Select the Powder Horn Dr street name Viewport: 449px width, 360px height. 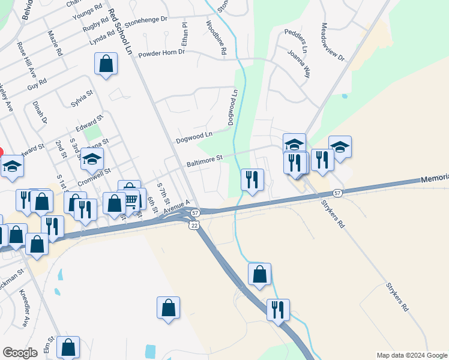click(161, 53)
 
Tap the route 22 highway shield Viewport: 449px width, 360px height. click(193, 224)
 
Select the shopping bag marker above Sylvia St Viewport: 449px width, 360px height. click(106, 64)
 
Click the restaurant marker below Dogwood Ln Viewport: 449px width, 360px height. click(252, 179)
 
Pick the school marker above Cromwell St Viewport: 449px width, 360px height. click(92, 159)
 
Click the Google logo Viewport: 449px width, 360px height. click(20, 353)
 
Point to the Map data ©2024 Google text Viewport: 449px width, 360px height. click(411, 355)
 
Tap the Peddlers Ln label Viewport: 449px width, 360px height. click(297, 40)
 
